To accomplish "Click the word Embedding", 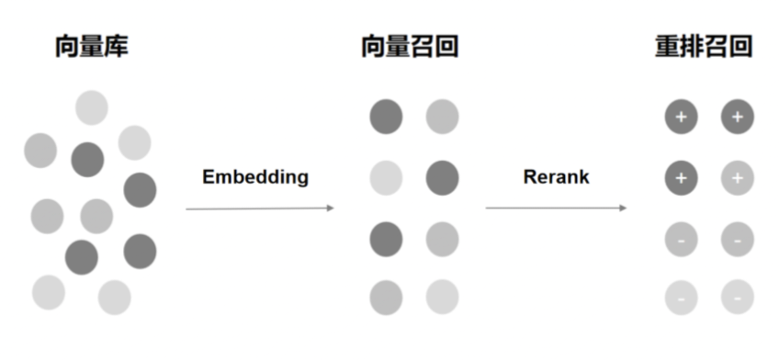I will (255, 177).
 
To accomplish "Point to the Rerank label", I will (556, 177).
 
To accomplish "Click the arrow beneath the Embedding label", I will (260, 208).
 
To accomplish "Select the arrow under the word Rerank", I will (556, 208).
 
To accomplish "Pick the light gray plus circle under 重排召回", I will (738, 178).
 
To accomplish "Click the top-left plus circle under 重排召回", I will (681, 118).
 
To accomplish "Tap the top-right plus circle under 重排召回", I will (738, 118).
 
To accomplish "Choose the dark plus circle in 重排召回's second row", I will (681, 178).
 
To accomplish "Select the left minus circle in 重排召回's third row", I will (681, 240).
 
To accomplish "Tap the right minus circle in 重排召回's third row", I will (738, 240).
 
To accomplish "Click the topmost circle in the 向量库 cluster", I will (92, 107).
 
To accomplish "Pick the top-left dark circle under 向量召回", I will (386, 118).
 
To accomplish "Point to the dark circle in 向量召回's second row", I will (442, 178).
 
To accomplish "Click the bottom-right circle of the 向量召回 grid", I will (442, 298).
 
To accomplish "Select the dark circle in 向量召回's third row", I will (386, 240).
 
